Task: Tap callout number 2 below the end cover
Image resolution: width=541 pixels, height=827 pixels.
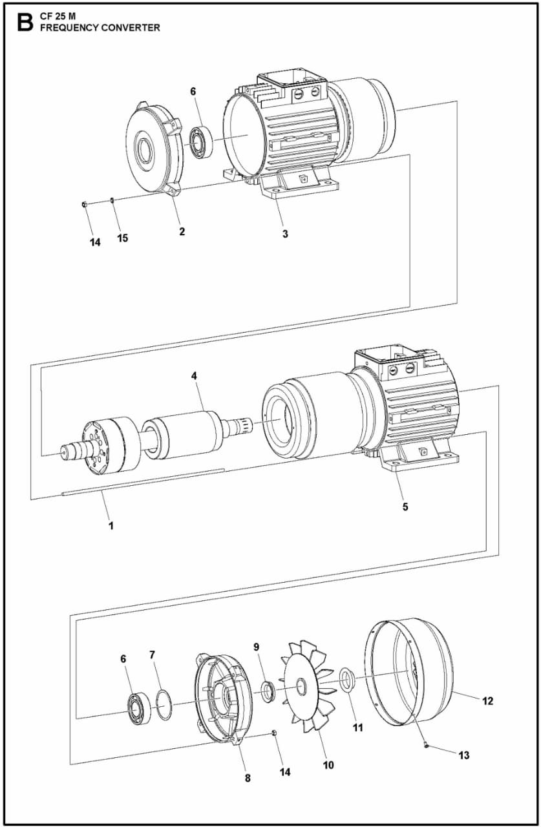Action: pos(182,231)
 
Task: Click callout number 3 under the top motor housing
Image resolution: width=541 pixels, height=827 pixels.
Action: pos(285,233)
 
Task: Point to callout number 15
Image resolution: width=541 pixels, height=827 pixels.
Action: pos(122,238)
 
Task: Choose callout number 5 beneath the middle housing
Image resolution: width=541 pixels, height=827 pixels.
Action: pos(405,507)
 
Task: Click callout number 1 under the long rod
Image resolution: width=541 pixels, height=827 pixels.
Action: pos(111,525)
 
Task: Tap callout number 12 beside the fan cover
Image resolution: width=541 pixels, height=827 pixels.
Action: pos(487,700)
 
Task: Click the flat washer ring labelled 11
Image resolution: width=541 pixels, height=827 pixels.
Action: pos(348,680)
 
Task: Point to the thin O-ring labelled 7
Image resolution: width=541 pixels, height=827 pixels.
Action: pos(164,704)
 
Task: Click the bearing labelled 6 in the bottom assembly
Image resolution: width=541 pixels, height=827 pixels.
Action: pos(138,709)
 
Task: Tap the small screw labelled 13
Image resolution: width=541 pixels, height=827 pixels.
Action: pos(427,744)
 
